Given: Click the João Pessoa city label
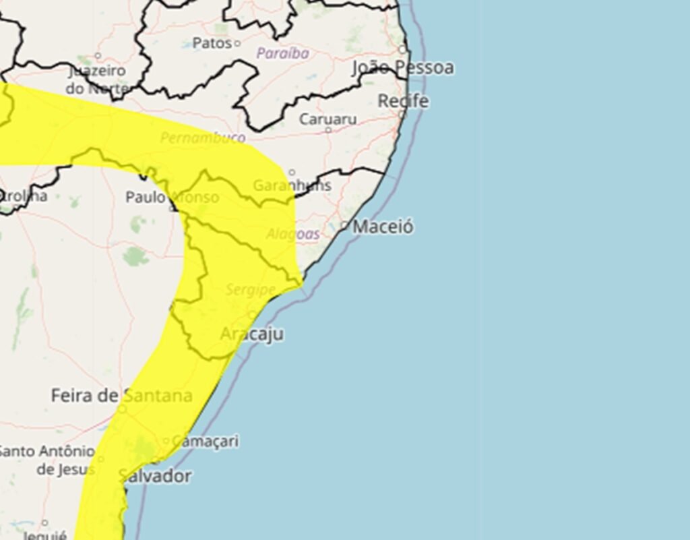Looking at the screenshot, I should pyautogui.click(x=403, y=67).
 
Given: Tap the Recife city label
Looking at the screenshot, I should pyautogui.click(x=403, y=101).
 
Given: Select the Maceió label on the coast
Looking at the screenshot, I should pyautogui.click(x=383, y=227).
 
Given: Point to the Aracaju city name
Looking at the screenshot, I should pyautogui.click(x=252, y=334).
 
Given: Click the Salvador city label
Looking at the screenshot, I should pyautogui.click(x=155, y=476).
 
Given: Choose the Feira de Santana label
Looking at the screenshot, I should pyautogui.click(x=121, y=396).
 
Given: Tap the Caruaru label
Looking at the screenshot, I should pyautogui.click(x=327, y=119).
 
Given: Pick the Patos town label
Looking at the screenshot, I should pyautogui.click(x=212, y=43).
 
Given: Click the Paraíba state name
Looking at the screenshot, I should pyautogui.click(x=283, y=53).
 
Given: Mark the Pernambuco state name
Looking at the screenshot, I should pyautogui.click(x=203, y=138).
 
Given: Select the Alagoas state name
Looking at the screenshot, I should pyautogui.click(x=293, y=234).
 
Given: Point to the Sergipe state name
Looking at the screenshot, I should pyautogui.click(x=250, y=289).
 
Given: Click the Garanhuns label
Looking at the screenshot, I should pyautogui.click(x=292, y=185).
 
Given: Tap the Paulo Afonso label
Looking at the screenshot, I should pyautogui.click(x=172, y=197).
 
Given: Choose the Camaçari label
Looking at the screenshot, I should pyautogui.click(x=205, y=442).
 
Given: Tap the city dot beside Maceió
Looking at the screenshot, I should pyautogui.click(x=345, y=225).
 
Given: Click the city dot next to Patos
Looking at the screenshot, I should pyautogui.click(x=237, y=43).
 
